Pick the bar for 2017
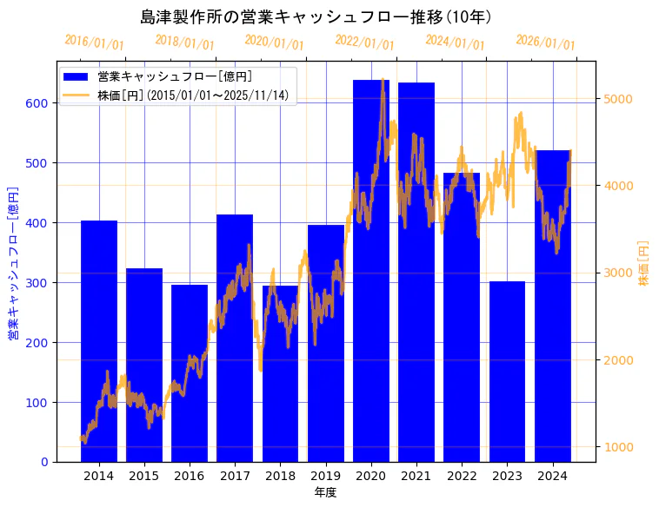tap(235, 339)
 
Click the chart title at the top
tap(316, 16)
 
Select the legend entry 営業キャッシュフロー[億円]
tap(175, 76)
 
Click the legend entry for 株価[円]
tap(192, 95)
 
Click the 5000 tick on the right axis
tap(619, 99)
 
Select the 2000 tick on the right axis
tap(619, 360)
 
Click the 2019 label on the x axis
tap(325, 476)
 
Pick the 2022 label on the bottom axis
tap(462, 476)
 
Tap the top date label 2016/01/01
tap(95, 43)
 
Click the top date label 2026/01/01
tap(545, 43)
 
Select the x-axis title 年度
tap(325, 492)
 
